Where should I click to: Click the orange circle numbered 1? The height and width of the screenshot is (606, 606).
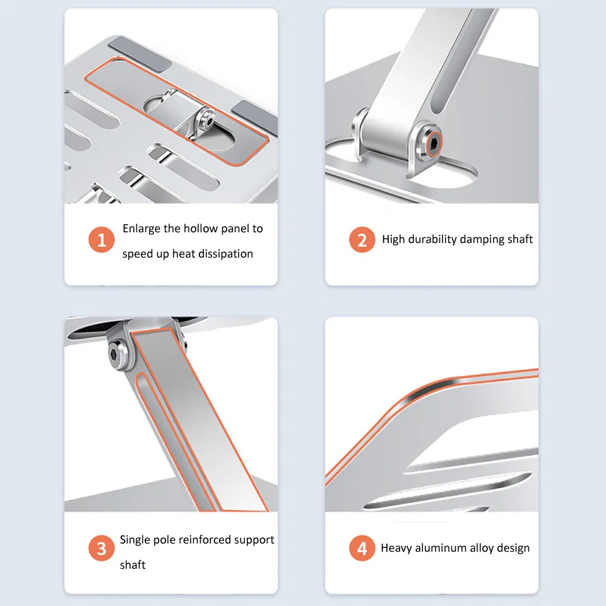pos(102,240)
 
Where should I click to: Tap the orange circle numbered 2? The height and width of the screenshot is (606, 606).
pos(362,240)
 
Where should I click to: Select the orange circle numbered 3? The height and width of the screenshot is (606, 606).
pos(102,548)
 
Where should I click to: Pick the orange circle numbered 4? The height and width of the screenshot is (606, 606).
pos(362,548)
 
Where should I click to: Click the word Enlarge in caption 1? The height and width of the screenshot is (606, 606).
pos(141,229)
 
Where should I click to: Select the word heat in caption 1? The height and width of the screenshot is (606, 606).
pos(184,254)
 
